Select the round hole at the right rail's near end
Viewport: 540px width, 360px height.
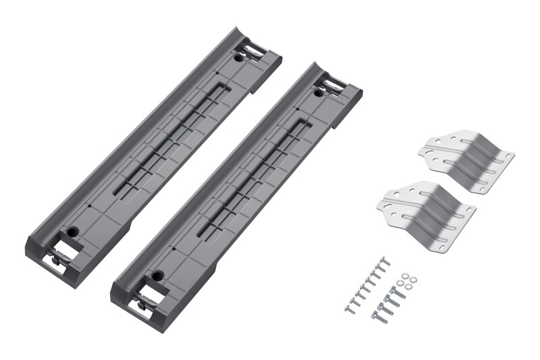158,276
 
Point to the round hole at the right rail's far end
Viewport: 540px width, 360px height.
319,93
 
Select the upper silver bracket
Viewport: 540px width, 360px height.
466,159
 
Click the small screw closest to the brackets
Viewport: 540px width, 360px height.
385,261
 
